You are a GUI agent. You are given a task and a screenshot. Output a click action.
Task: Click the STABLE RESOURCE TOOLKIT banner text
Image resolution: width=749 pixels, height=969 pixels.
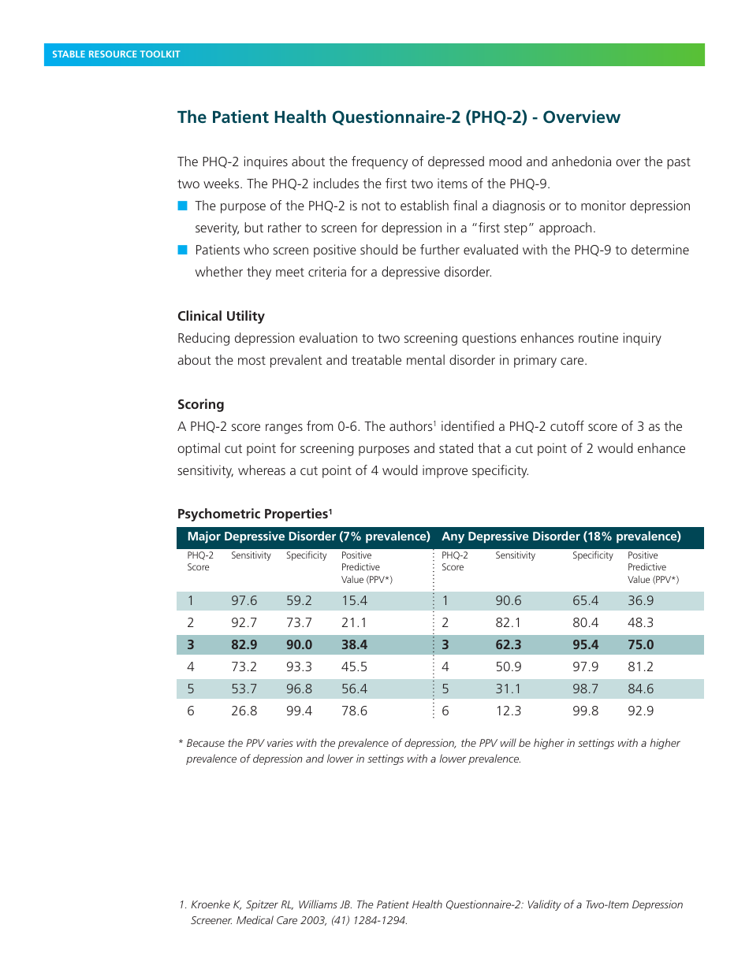(x=116, y=54)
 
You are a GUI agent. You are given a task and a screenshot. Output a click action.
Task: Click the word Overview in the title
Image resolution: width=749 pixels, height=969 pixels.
(x=581, y=117)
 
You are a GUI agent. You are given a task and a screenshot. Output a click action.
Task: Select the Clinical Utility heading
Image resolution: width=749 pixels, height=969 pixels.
(x=221, y=316)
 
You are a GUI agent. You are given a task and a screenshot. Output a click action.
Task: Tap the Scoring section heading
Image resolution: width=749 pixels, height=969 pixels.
(x=200, y=404)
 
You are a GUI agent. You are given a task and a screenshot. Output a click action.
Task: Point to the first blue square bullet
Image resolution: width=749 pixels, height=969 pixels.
(x=183, y=206)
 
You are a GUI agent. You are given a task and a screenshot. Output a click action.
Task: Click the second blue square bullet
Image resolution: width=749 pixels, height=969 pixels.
(x=183, y=250)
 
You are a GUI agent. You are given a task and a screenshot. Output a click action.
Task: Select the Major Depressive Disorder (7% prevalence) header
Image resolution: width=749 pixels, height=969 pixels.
(x=308, y=536)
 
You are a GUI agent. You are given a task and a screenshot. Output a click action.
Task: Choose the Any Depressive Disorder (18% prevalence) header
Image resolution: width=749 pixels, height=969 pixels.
(x=561, y=536)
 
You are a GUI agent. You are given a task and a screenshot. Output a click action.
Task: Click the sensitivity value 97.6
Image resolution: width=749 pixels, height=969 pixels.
(x=244, y=600)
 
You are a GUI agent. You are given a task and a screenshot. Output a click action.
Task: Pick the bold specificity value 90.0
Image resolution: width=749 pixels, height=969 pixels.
(x=299, y=644)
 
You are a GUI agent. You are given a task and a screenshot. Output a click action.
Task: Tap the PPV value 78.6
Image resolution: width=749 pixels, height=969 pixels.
(x=354, y=711)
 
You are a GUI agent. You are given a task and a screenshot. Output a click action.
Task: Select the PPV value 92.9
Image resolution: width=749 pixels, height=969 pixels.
(x=640, y=711)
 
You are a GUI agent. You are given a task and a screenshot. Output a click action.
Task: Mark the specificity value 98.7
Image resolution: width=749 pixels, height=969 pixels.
(x=585, y=689)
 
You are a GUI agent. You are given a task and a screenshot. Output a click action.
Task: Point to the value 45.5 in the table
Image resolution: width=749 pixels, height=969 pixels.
(x=354, y=666)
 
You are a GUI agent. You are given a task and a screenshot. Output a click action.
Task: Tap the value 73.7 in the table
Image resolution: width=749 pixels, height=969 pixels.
(x=299, y=622)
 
